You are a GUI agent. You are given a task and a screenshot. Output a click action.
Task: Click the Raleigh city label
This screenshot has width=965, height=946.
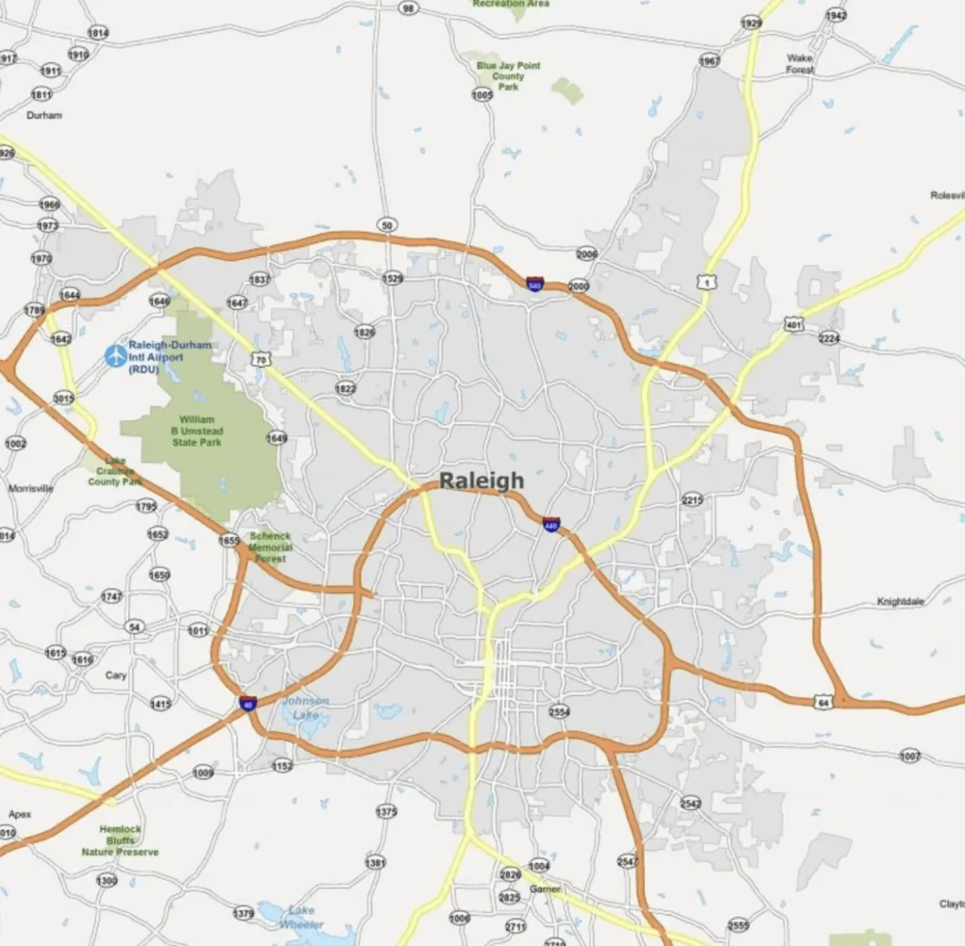tap(482, 481)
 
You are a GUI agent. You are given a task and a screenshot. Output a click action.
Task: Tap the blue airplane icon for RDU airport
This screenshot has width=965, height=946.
tap(115, 355)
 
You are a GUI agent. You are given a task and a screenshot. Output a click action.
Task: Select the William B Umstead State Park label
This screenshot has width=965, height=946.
tap(197, 431)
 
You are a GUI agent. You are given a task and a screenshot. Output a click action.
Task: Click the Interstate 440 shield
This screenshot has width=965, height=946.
tap(551, 524)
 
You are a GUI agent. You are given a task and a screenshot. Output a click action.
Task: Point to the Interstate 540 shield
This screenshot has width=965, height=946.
tap(534, 284)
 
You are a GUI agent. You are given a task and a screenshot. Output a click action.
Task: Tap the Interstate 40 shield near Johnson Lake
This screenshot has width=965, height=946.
tap(247, 703)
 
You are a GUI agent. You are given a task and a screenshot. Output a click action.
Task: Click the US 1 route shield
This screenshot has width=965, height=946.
tap(704, 282)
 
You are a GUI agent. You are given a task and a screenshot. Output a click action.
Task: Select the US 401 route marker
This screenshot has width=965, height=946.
tap(793, 323)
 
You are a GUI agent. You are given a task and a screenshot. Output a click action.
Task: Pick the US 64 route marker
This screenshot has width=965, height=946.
tap(823, 702)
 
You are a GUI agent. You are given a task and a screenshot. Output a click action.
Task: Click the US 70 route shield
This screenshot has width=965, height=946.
tap(261, 359)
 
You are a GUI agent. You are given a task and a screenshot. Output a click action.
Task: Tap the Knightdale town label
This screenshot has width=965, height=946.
tap(901, 601)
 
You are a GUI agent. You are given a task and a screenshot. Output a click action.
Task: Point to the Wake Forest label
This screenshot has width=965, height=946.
tap(800, 63)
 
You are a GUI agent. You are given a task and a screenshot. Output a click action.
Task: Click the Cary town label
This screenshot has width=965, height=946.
tap(116, 676)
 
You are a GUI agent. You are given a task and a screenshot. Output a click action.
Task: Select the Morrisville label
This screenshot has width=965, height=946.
tap(31, 489)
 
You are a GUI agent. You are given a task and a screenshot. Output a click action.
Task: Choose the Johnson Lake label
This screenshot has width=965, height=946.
tap(305, 708)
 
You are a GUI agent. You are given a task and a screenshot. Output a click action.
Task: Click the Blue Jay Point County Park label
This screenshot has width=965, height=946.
tap(508, 76)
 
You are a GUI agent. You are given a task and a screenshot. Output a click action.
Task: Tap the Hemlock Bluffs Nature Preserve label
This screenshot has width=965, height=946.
tap(120, 840)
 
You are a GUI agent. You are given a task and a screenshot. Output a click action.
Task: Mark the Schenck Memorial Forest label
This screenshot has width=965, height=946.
tap(270, 547)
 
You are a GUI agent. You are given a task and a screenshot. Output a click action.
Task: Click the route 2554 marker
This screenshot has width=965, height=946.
tap(559, 711)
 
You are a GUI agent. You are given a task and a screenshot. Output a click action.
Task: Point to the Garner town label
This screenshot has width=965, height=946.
tap(545, 889)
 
